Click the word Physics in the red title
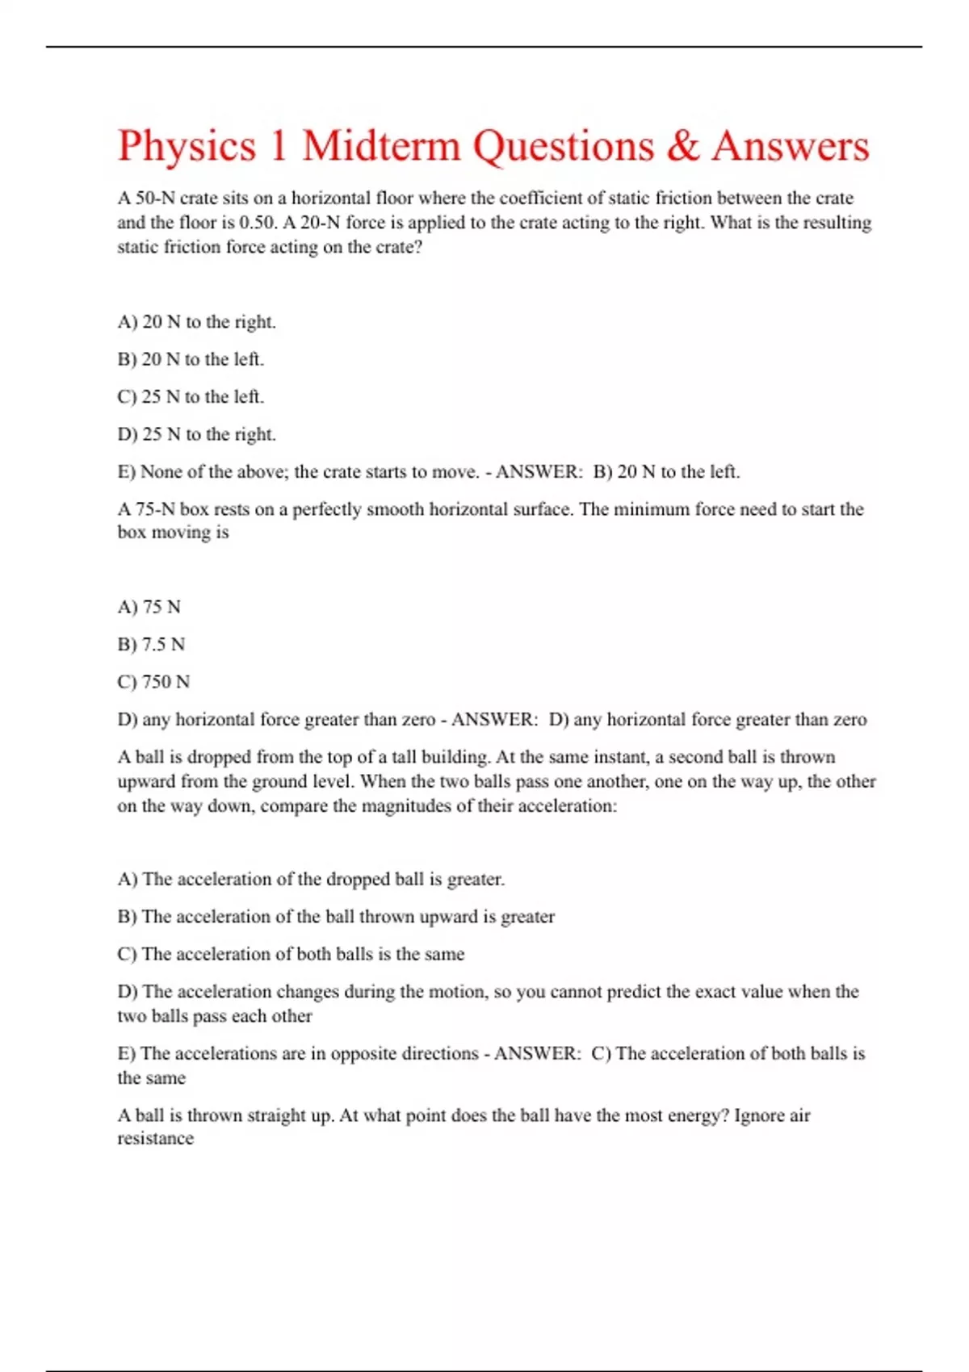click(x=187, y=146)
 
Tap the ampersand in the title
click(x=682, y=146)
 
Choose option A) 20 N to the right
click(x=196, y=322)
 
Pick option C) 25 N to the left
click(x=191, y=397)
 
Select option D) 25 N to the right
click(x=196, y=434)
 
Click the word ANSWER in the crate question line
click(x=538, y=472)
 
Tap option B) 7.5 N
click(x=151, y=645)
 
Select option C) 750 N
click(x=153, y=682)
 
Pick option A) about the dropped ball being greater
click(x=311, y=879)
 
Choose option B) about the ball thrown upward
click(x=336, y=917)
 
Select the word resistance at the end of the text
click(x=156, y=1139)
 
